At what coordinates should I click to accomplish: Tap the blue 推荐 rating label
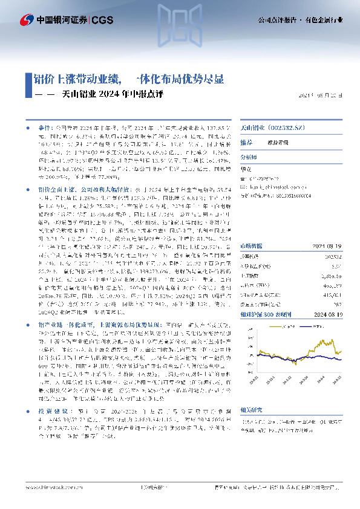[x=246, y=143]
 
